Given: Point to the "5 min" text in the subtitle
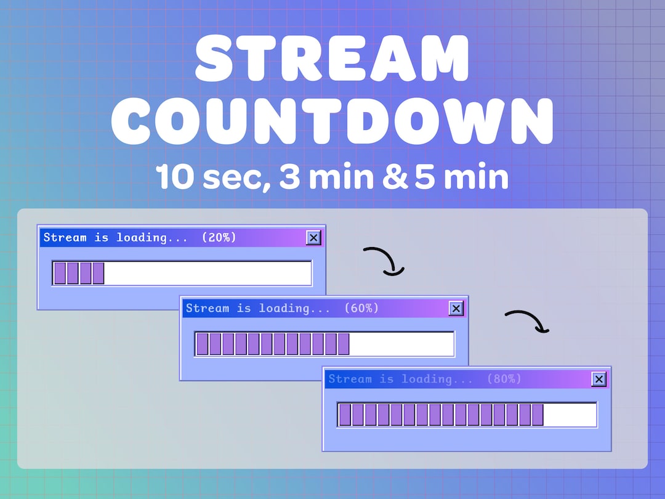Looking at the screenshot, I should [462, 177].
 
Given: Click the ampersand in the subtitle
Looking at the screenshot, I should [395, 177].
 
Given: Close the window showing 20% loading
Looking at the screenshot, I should [313, 238].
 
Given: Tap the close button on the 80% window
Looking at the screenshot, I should [598, 379].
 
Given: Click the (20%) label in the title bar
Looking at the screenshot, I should [219, 237].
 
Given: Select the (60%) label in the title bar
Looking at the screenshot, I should [361, 308].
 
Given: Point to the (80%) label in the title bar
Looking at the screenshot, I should [504, 379].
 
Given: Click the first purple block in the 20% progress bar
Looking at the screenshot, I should [60, 273].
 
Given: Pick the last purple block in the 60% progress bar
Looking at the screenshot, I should [342, 344].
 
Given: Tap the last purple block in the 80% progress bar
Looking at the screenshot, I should [537, 415].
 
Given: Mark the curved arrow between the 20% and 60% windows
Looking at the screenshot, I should [384, 260].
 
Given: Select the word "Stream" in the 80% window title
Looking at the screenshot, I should [349, 379].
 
